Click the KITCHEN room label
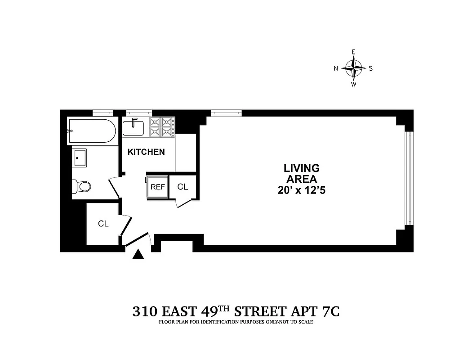coord(146,152)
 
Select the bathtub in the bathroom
coord(91,131)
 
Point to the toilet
coord(82,185)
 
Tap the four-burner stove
coord(162,126)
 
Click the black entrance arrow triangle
coord(139,255)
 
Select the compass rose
coord(354,68)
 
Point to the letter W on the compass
coord(354,85)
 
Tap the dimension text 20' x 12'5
coord(301,190)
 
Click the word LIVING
coord(301,168)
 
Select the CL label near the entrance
coord(103,224)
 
